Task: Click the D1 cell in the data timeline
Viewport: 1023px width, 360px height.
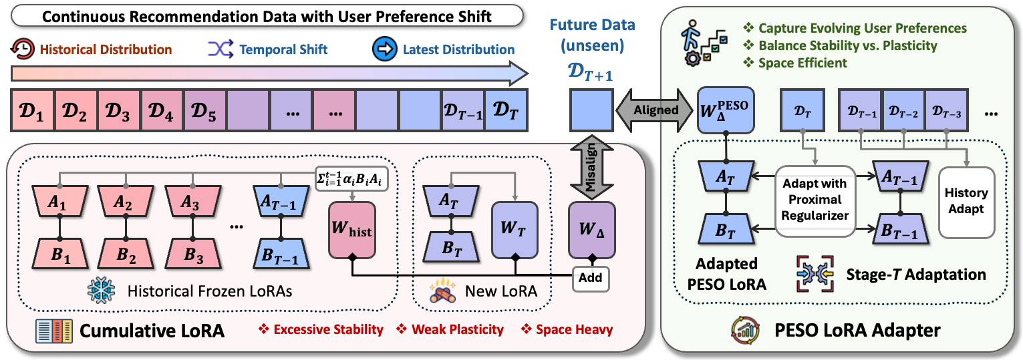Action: pyautogui.click(x=33, y=111)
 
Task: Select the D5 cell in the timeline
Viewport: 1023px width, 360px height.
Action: pyautogui.click(x=204, y=111)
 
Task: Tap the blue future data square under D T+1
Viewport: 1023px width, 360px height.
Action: pyautogui.click(x=591, y=111)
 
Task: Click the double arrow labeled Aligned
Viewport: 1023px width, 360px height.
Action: pyautogui.click(x=655, y=110)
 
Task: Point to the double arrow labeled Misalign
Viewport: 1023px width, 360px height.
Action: pyautogui.click(x=591, y=167)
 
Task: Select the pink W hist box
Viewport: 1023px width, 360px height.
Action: pyautogui.click(x=352, y=230)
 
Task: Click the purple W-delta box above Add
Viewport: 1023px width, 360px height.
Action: pyautogui.click(x=592, y=230)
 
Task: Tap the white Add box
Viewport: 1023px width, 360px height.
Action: pyautogui.click(x=591, y=278)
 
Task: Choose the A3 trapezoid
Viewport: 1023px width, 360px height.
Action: pyautogui.click(x=192, y=201)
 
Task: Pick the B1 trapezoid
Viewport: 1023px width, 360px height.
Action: pyautogui.click(x=60, y=254)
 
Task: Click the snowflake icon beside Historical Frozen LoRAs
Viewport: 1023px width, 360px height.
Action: pyautogui.click(x=101, y=291)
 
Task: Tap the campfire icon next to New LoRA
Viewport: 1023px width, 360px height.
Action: pyautogui.click(x=442, y=291)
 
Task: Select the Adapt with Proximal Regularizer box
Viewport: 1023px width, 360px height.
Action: pyautogui.click(x=815, y=200)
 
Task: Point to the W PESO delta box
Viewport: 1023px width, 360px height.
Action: pyautogui.click(x=725, y=110)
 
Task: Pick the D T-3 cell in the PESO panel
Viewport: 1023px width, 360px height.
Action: pyautogui.click(x=946, y=111)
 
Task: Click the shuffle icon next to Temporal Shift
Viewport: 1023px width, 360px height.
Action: pyautogui.click(x=221, y=49)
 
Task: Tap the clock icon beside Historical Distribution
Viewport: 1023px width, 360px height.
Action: pyautogui.click(x=23, y=49)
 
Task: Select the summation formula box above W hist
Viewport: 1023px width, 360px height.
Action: pyautogui.click(x=351, y=178)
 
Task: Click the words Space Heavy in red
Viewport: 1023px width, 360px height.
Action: pyautogui.click(x=574, y=329)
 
